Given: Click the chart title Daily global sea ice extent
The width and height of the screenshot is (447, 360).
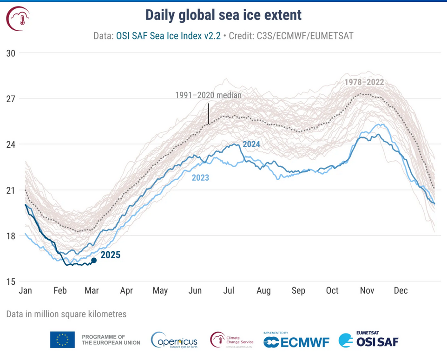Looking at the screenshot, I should [x=223, y=15].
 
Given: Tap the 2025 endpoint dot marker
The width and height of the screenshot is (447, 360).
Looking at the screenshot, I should [x=94, y=261].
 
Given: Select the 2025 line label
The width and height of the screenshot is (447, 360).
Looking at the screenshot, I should [x=111, y=255].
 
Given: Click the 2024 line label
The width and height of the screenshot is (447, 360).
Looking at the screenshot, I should [x=251, y=144].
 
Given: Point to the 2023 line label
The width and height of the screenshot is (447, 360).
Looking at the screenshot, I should [x=200, y=177].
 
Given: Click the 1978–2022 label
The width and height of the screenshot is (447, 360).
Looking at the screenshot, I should [x=364, y=82].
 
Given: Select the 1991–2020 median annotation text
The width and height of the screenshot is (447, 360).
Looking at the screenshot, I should [x=208, y=95].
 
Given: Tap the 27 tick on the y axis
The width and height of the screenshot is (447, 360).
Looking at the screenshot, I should [x=10, y=99].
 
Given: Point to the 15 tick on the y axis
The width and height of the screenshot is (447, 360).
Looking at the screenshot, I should [x=10, y=282].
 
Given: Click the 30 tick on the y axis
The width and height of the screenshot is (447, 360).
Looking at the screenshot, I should [x=10, y=53].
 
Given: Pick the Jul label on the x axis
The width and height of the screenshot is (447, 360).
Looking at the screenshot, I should [x=229, y=291].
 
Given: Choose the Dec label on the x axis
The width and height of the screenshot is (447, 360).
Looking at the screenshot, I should [x=401, y=291].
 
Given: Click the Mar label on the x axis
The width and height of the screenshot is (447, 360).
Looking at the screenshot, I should [x=92, y=291].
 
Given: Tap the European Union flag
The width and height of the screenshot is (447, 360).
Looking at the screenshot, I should [x=62, y=340].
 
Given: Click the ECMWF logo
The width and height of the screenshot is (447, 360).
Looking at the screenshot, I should [x=296, y=341].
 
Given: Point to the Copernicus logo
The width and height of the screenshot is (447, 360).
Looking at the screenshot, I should [x=174, y=340].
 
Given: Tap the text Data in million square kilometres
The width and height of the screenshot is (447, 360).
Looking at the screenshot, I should [x=66, y=314].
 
